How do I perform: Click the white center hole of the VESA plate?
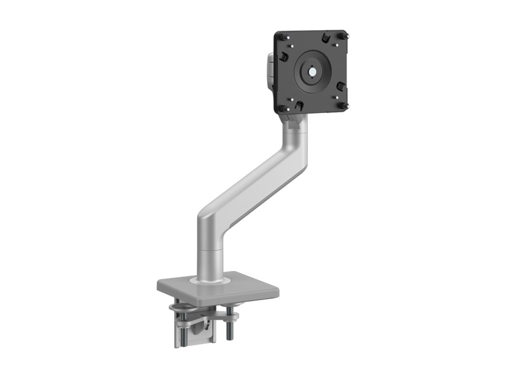312,71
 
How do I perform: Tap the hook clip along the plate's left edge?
284,57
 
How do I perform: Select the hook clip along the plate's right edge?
341,86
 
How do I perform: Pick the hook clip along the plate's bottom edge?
297,105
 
